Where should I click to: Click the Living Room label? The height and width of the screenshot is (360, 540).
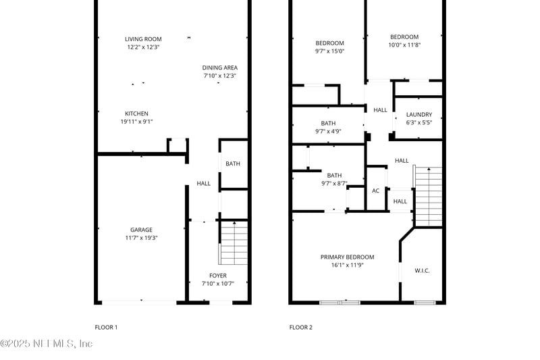coord(143,39)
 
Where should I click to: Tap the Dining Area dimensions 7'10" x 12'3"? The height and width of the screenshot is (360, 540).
coord(220,76)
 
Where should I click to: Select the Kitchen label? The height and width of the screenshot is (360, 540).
coord(136,113)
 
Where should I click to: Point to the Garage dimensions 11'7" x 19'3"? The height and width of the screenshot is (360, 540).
coord(141,238)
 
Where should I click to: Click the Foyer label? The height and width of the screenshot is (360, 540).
coord(217,276)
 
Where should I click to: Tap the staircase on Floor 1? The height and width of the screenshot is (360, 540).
coord(234,243)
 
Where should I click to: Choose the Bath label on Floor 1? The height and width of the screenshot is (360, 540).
coord(233,163)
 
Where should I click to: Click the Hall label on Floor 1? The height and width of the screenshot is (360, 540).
coord(203,184)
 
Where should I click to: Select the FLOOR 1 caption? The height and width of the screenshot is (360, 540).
coord(106,328)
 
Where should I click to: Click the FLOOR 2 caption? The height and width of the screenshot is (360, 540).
coord(301,328)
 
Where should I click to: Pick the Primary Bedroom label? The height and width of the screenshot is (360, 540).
coord(347,257)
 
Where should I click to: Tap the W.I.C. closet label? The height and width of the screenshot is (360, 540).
coord(422,271)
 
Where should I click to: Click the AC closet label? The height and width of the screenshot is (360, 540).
coord(375,190)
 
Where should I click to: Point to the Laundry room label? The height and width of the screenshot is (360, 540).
coord(418,115)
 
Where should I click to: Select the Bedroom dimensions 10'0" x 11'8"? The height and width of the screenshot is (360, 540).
coord(404,45)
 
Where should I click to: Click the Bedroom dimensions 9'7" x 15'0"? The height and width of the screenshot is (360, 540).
coord(329,51)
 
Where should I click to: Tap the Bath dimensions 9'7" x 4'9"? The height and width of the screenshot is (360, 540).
coord(328,132)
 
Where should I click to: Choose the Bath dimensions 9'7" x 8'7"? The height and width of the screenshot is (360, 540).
coord(334,183)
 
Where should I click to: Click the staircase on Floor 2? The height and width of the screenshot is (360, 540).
coord(428,197)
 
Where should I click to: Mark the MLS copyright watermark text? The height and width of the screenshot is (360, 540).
coord(47,344)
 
